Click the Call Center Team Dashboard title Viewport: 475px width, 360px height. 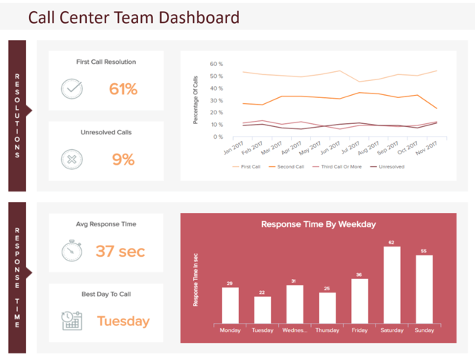click(x=134, y=17)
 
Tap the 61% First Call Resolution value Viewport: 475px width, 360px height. click(x=123, y=89)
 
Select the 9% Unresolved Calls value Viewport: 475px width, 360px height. click(x=123, y=159)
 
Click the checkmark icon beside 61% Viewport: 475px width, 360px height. click(x=72, y=89)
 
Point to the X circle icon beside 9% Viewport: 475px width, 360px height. click(x=72, y=159)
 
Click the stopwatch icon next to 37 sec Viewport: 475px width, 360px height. click(x=72, y=251)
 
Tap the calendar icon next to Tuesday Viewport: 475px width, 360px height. click(x=72, y=321)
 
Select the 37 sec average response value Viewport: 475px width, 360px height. click(x=120, y=251)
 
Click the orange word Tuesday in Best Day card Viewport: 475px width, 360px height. click(x=123, y=321)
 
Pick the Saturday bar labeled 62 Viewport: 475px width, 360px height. click(x=393, y=284)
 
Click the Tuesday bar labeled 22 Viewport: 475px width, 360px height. click(x=263, y=309)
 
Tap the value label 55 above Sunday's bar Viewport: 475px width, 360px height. click(x=425, y=252)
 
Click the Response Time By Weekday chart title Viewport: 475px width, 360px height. click(x=318, y=223)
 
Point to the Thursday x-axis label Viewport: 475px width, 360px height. click(x=327, y=330)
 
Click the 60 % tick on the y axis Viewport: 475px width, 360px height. click(x=216, y=65)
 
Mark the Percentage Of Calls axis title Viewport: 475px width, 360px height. click(x=196, y=100)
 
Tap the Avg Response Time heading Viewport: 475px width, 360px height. click(x=106, y=223)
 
